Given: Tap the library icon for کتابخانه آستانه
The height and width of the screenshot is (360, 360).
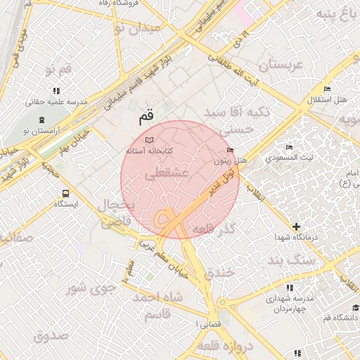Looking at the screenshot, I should [148, 141].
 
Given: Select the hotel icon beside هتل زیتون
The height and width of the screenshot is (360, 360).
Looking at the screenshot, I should [231, 150].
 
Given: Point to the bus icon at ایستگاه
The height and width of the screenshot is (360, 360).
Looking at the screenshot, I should [65, 193].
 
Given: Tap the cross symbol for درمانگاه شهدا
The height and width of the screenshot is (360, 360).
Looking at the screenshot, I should [296, 226].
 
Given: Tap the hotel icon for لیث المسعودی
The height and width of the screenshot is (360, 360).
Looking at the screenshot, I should [289, 147].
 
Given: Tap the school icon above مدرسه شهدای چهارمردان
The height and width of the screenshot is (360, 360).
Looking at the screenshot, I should [290, 288].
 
